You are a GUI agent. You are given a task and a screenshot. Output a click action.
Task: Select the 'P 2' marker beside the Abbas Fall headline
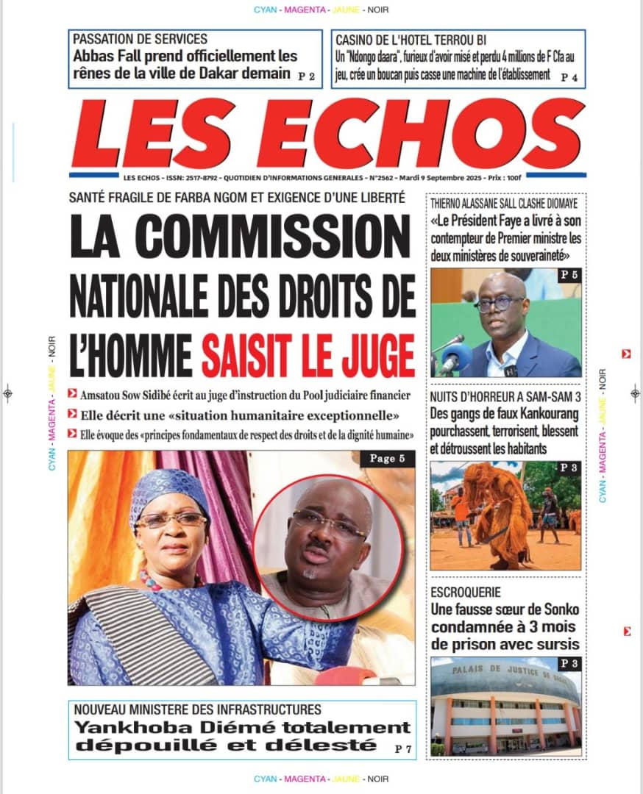pyautogui.click(x=306, y=76)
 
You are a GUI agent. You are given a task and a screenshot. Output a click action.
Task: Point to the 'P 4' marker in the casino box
pyautogui.click(x=569, y=76)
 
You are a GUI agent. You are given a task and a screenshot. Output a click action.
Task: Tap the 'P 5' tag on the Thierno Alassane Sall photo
pyautogui.click(x=569, y=275)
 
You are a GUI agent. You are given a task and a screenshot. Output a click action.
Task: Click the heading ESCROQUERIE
pyautogui.click(x=466, y=592)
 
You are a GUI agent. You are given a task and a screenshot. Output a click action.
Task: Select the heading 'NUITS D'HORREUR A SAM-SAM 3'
pyautogui.click(x=505, y=397)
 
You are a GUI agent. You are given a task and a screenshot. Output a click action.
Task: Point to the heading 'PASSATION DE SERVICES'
pyautogui.click(x=141, y=39)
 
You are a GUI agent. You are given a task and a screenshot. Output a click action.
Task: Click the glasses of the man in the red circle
pyautogui.click(x=328, y=523)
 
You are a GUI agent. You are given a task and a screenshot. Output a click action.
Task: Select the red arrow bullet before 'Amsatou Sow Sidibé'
pyautogui.click(x=72, y=395)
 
